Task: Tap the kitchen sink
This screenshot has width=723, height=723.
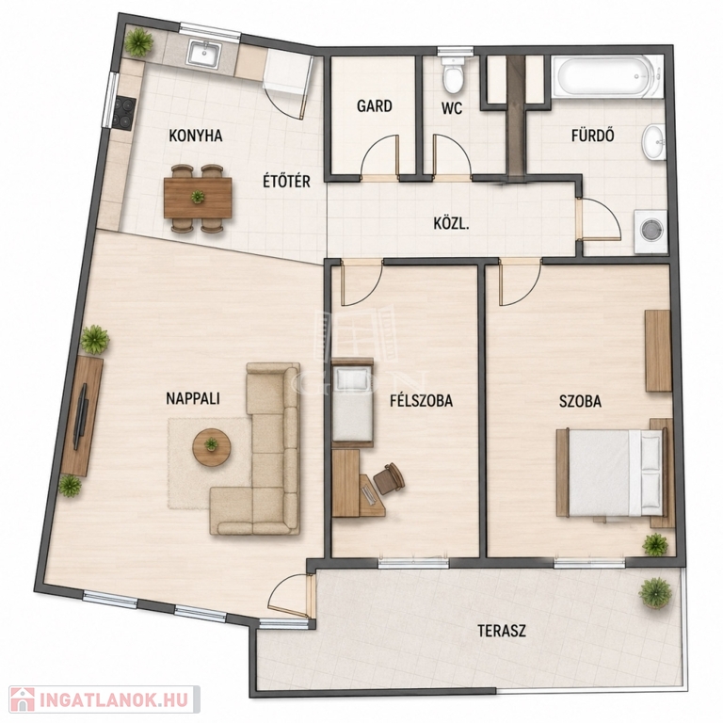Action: [204, 55]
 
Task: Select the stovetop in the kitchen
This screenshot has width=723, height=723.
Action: [125, 113]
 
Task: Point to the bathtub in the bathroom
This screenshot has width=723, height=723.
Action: [608, 77]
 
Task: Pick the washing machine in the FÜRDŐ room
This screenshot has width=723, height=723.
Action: [651, 232]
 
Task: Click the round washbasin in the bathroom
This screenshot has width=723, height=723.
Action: [654, 142]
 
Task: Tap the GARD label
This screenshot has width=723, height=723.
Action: [375, 106]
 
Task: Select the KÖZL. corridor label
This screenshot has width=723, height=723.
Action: [452, 225]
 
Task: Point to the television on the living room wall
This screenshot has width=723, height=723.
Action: [81, 417]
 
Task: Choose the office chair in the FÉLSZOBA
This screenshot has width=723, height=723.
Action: [388, 478]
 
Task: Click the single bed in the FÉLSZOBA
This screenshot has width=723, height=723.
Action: [352, 402]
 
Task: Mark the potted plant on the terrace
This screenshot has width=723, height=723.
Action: [655, 593]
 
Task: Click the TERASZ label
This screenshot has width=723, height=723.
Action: [501, 631]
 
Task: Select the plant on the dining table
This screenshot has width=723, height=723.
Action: [198, 197]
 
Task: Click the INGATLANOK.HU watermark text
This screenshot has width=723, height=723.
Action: [113, 700]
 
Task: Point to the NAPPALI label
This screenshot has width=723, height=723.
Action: [193, 399]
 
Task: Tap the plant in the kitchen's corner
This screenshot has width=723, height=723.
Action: [138, 42]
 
